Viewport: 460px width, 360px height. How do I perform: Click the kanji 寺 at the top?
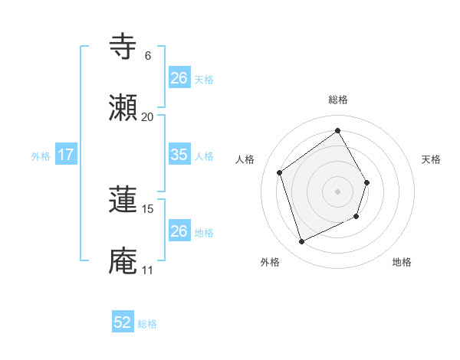pos(123,45)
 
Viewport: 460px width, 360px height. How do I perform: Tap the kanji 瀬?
pos(123,109)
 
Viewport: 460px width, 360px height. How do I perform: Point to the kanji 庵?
pos(123,261)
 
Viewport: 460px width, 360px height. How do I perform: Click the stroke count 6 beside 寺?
pos(147,55)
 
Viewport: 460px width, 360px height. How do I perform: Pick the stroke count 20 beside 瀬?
pos(147,116)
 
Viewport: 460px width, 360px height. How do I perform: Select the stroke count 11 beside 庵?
pos(147,270)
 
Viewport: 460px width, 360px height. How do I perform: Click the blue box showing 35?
pos(179,155)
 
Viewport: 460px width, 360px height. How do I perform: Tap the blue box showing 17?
pos(66,155)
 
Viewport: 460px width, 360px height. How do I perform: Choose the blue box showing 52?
pos(123,323)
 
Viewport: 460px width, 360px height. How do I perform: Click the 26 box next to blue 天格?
pos(179,78)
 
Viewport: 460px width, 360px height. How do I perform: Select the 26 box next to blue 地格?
pos(179,231)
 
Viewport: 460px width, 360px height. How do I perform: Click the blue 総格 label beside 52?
pos(147,324)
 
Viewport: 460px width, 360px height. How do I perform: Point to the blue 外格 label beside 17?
pos(41,155)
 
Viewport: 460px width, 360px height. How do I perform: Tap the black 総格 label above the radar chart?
pos(337,100)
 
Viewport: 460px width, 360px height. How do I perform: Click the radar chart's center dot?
pos(337,191)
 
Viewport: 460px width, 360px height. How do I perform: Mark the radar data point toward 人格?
pos(280,172)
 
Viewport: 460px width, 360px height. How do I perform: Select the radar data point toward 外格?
pos(301,242)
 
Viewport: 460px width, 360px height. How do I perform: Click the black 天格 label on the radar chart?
pos(431,159)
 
